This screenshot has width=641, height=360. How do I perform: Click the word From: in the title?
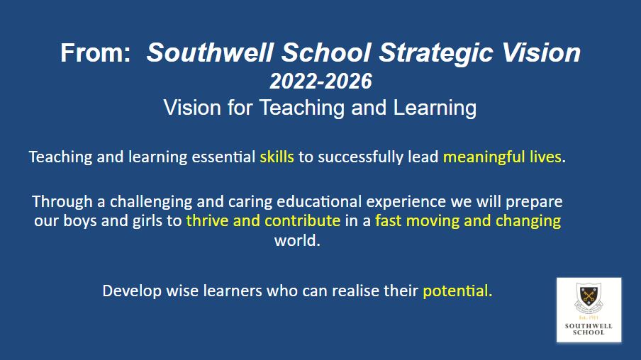[95, 52]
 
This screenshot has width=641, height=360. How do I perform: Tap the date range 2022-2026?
[321, 81]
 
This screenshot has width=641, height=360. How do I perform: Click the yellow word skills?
[277, 157]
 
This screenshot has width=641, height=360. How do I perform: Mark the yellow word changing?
[528, 221]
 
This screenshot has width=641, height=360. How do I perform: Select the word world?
[297, 240]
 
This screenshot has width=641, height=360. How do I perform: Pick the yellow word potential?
[457, 291]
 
